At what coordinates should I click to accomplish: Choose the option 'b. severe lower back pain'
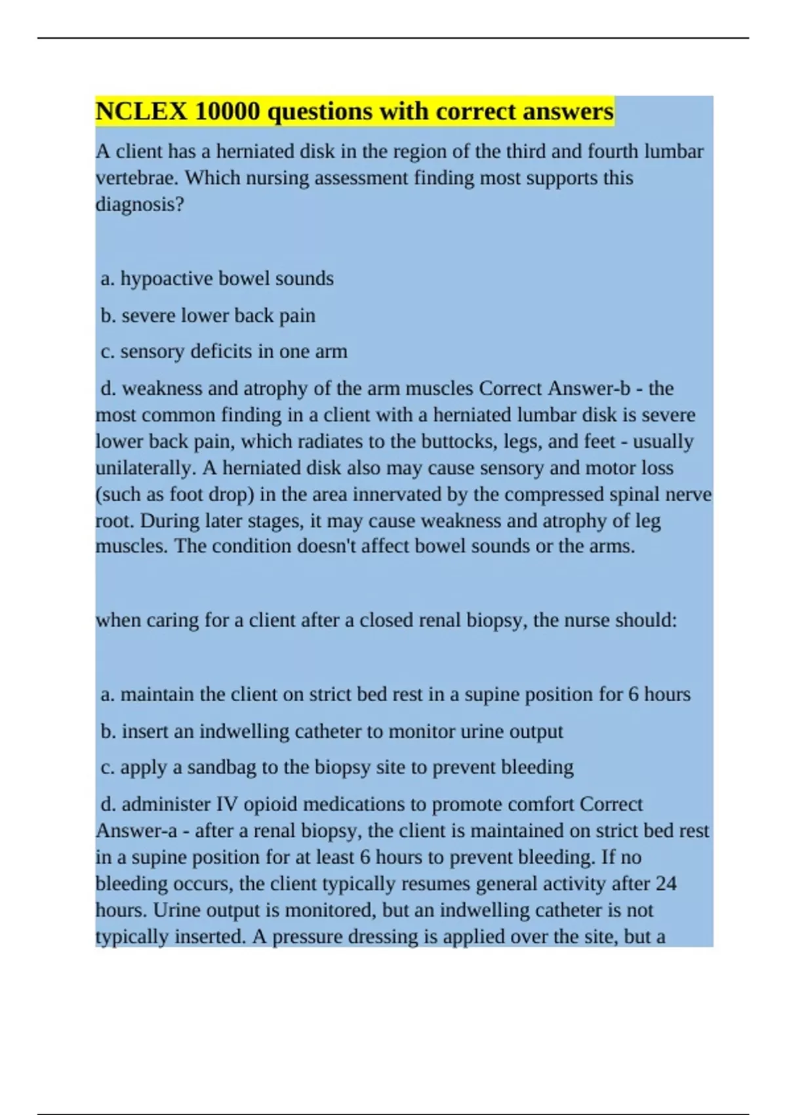tap(208, 315)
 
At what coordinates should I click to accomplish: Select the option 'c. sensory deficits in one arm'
tap(224, 352)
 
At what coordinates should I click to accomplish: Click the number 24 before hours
tap(665, 883)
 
